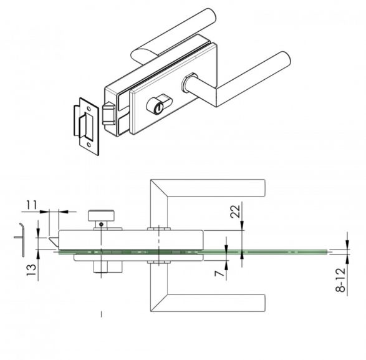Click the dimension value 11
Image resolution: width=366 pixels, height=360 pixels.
[x=32, y=205]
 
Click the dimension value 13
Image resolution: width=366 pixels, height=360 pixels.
[x=32, y=270]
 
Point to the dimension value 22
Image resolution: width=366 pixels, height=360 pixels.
[x=235, y=211]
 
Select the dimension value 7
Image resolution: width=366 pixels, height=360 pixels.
[x=219, y=273]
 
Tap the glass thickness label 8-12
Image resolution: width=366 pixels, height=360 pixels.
[x=340, y=280]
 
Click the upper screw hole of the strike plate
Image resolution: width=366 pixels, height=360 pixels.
[x=89, y=109]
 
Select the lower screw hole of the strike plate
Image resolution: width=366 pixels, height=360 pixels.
[x=89, y=145]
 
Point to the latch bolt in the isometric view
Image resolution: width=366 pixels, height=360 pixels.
[x=108, y=114]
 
